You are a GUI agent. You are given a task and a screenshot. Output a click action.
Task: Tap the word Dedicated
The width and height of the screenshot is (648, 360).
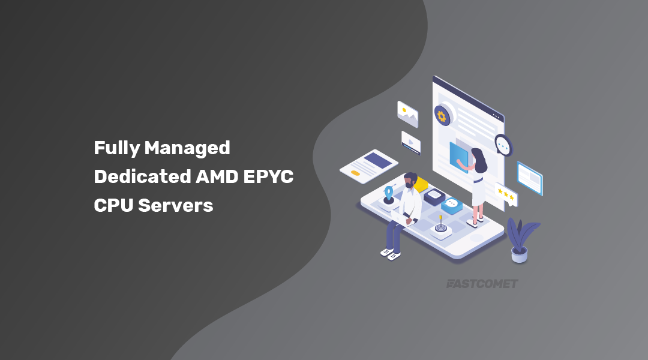(142, 176)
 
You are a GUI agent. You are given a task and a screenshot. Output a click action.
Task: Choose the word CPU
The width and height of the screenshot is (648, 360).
(113, 205)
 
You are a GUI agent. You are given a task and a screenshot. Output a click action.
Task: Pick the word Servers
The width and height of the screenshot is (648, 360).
(176, 205)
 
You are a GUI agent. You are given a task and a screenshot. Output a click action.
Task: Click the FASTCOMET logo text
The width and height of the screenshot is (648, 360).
(482, 284)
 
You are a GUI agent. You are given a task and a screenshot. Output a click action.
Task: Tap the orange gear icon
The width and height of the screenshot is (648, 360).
(442, 115)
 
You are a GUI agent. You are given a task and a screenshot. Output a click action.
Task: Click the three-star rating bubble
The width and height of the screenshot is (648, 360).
(506, 194)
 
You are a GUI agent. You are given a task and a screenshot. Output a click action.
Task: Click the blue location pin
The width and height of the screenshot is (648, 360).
(389, 193)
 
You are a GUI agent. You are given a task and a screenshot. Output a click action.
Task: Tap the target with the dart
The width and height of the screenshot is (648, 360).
(441, 227)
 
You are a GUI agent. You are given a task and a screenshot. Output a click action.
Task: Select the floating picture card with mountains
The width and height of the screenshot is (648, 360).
(407, 113)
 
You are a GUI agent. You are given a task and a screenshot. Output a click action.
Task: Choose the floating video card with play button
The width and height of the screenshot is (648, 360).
(411, 143)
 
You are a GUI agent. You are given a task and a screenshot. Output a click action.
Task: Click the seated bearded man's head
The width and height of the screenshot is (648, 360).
(410, 181)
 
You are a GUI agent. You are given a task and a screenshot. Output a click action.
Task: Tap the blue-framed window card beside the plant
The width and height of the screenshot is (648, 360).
(530, 178)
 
